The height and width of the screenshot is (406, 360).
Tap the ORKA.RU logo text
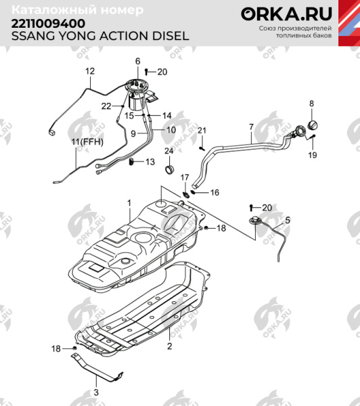click(x=283, y=14)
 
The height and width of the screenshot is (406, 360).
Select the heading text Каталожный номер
click(x=78, y=10)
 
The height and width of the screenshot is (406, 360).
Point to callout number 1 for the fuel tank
click(x=129, y=203)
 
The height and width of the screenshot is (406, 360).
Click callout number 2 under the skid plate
click(x=169, y=346)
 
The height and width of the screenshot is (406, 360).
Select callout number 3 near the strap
click(x=96, y=392)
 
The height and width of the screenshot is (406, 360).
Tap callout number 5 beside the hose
click(x=287, y=220)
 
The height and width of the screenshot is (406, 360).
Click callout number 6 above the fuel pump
click(x=137, y=62)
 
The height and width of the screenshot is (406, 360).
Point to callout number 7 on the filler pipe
click(x=250, y=127)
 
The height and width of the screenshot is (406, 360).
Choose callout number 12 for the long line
click(x=90, y=71)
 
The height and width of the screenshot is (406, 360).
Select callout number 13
click(x=150, y=162)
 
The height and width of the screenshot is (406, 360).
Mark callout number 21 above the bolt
click(x=201, y=130)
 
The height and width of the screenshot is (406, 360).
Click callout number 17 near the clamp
click(x=183, y=177)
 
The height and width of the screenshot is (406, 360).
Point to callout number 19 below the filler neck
click(x=312, y=155)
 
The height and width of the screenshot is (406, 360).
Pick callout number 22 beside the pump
click(x=106, y=106)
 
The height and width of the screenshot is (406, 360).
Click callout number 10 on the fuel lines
click(x=171, y=129)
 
